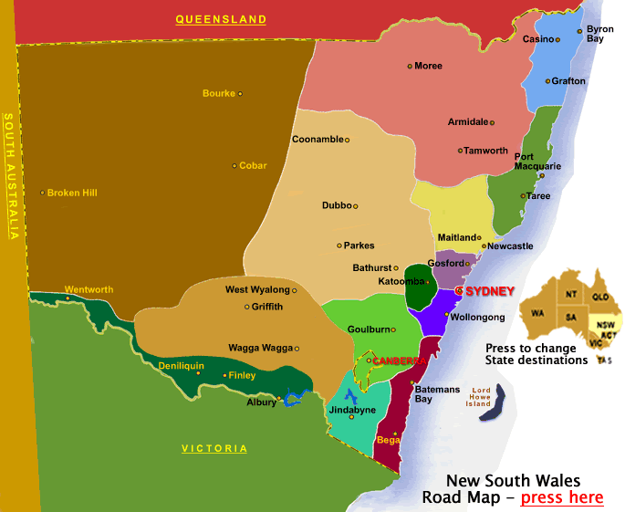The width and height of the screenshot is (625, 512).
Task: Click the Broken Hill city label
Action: [x=72, y=193]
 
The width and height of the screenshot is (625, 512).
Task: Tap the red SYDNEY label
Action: [x=490, y=290]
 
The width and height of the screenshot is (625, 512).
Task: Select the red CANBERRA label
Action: [x=400, y=360]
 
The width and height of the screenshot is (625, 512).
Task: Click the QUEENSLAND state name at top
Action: [x=221, y=19]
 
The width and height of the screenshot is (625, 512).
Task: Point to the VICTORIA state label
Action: [x=214, y=448]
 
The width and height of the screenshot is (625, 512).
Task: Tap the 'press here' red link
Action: [x=561, y=497]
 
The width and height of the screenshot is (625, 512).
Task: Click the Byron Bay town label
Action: [x=599, y=34]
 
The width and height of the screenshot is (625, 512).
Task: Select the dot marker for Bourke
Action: [x=240, y=93]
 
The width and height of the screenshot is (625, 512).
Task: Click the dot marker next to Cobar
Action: [x=234, y=165]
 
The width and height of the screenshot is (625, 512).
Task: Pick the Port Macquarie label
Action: [x=537, y=162]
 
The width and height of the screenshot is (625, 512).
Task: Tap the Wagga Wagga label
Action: [x=262, y=348]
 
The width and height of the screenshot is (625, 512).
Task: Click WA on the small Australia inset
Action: [x=538, y=313]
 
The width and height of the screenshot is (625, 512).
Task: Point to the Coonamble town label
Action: [x=318, y=140]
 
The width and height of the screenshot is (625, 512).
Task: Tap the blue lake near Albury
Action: [x=293, y=398]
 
